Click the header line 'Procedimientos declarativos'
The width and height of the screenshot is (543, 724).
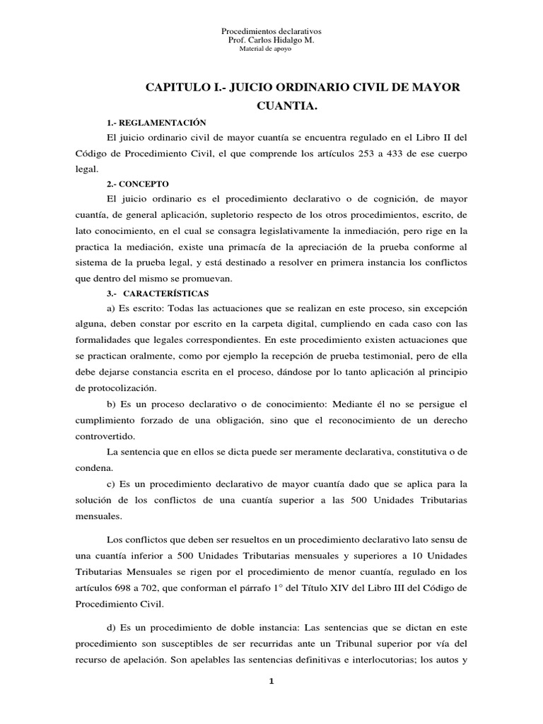(x=271, y=32)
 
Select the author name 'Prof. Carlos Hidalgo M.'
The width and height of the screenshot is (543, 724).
(x=271, y=41)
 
